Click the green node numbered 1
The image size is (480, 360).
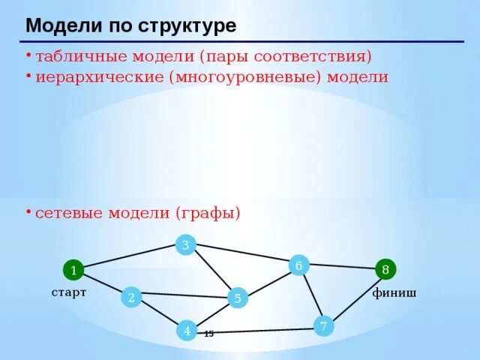[73, 270]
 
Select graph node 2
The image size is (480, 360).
[131, 298]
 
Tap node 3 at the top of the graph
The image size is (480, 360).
[185, 244]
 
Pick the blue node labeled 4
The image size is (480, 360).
[187, 330]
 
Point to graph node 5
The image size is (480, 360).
[237, 298]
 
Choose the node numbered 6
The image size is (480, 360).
[298, 265]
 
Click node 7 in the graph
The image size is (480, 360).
[323, 326]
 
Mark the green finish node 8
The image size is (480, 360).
[385, 269]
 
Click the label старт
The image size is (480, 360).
[69, 292]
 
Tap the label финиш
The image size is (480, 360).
[394, 293]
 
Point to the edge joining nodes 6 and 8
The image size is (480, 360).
[342, 266]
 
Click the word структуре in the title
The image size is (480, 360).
[187, 26]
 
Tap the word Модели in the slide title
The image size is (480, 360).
[63, 26]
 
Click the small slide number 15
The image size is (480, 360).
[208, 334]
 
